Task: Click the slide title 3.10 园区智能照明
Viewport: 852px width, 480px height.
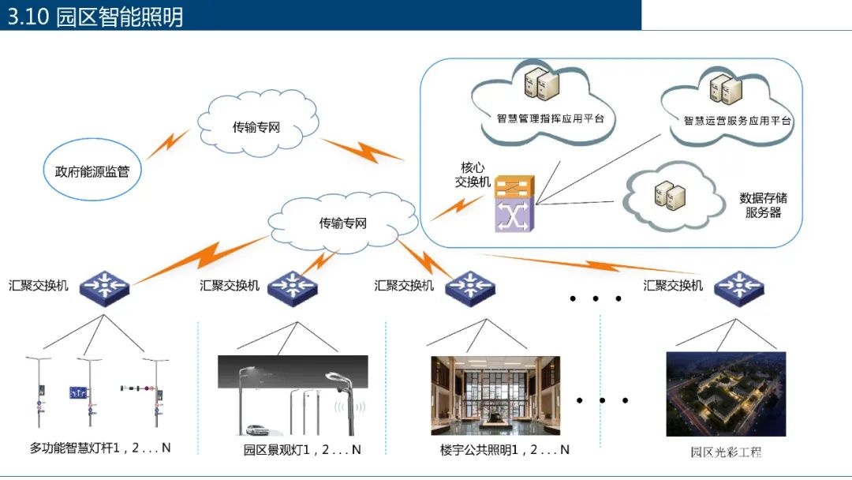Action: pos(95,17)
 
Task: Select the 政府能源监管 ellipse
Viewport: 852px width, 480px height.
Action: pos(92,171)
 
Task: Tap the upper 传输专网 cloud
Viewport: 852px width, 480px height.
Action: pos(256,126)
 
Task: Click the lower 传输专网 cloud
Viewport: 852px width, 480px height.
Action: pos(342,223)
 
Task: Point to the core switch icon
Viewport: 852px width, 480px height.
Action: pos(514,202)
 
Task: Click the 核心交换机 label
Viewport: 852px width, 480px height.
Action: pos(473,175)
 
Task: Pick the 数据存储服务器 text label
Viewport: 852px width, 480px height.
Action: pos(762,205)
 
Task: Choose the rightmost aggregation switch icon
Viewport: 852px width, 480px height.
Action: pos(739,286)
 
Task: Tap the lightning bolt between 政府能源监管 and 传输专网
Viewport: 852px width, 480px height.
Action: pos(167,145)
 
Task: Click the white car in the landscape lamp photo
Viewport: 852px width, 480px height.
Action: pos(257,430)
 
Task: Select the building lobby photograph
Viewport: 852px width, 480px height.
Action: pos(495,396)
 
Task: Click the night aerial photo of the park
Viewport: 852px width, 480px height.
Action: pos(726,394)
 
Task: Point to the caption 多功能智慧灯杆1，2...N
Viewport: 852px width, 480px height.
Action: pos(100,448)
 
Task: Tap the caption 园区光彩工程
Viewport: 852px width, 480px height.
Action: pos(726,452)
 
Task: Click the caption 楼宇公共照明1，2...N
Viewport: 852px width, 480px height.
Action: pos(505,450)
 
